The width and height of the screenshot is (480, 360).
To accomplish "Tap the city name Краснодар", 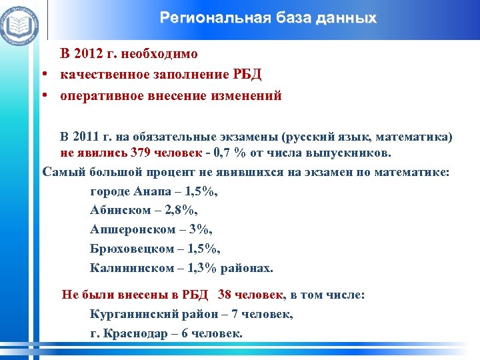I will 137,333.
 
